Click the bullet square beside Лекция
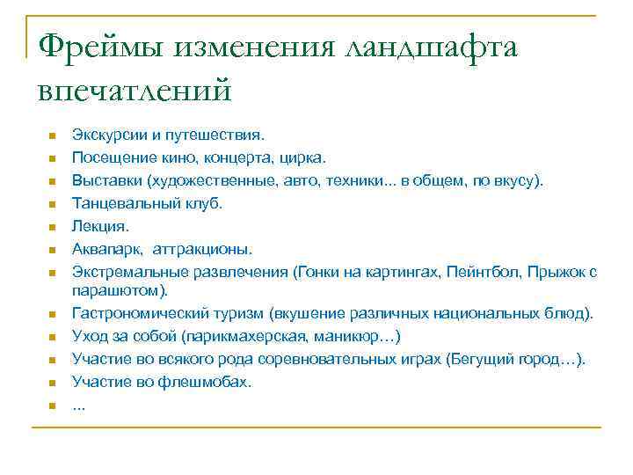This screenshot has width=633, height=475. (x=53, y=227)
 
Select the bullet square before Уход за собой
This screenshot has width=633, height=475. (x=53, y=337)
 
